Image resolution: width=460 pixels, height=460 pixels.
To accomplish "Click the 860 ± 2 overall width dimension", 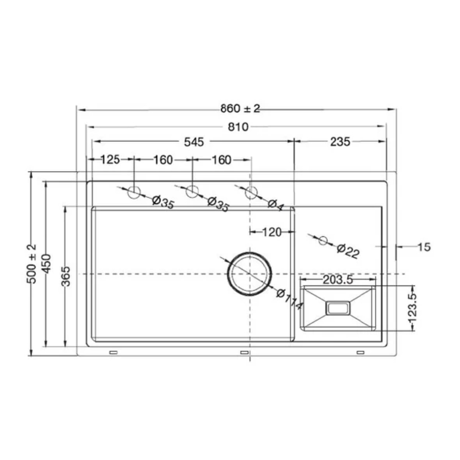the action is click(x=240, y=109).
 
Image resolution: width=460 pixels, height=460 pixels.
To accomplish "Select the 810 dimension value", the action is click(x=238, y=127).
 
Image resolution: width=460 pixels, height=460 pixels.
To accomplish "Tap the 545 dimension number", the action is click(x=194, y=142).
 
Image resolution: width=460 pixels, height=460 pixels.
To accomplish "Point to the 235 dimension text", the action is click(x=340, y=142).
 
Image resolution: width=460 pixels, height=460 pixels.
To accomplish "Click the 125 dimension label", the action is click(x=110, y=160).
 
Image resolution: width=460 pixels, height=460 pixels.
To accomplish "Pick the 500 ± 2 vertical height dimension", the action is click(x=32, y=264).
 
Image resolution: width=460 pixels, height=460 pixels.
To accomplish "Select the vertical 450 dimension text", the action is click(x=47, y=264).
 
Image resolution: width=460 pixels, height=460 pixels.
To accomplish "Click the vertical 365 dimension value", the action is click(x=66, y=276).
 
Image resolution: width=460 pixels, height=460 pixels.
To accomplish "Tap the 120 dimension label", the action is click(x=272, y=232).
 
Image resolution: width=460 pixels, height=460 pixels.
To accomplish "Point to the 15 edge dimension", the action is click(x=424, y=247).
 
